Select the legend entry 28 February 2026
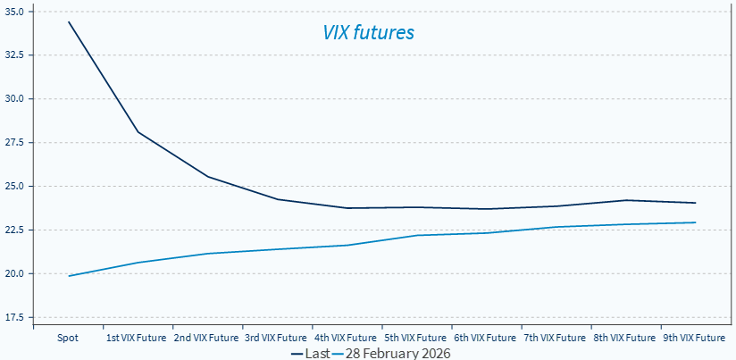(x=390, y=354)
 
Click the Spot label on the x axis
(x=69, y=339)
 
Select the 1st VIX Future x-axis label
(x=138, y=339)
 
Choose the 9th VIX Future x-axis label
(x=694, y=339)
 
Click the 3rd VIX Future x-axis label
(x=277, y=339)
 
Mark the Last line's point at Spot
(x=69, y=21)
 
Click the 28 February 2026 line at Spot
(x=69, y=276)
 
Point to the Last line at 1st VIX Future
(x=138, y=132)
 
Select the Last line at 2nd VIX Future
(x=208, y=177)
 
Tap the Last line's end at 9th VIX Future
(x=695, y=203)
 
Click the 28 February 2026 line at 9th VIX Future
(x=695, y=222)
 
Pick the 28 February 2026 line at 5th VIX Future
(x=416, y=235)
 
